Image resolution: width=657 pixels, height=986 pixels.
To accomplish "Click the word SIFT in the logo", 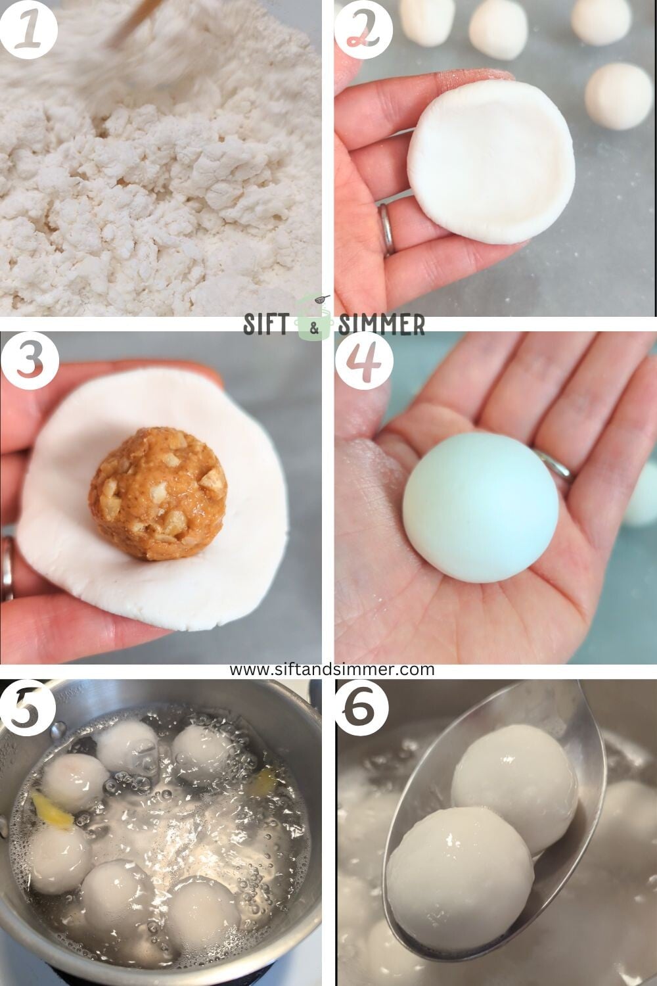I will [268, 323].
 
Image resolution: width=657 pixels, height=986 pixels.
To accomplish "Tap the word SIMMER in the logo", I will [381, 324].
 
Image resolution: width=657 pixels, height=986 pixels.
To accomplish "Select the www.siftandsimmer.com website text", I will [332, 669].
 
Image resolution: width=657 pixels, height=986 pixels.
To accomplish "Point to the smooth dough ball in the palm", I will [480, 516].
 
